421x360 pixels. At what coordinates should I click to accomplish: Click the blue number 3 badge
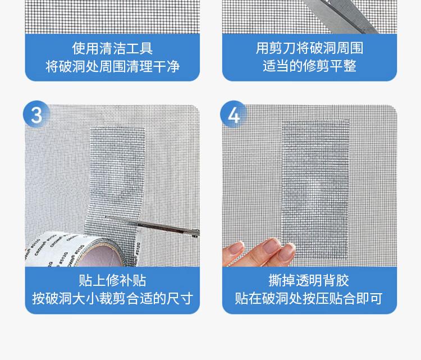click(x=36, y=114)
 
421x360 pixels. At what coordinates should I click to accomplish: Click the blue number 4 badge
click(x=234, y=114)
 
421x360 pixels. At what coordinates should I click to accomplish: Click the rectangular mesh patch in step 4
click(x=315, y=188)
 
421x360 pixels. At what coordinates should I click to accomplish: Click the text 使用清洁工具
click(x=112, y=48)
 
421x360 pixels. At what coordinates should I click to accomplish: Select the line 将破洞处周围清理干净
click(x=112, y=66)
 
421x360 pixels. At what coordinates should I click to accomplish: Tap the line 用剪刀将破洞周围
click(x=309, y=48)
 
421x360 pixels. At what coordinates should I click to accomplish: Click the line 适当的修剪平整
click(x=309, y=66)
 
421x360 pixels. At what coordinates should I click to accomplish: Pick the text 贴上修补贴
click(x=112, y=280)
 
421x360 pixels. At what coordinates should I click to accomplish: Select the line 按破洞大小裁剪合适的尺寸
click(x=112, y=298)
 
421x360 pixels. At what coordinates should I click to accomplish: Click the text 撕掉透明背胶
click(x=309, y=280)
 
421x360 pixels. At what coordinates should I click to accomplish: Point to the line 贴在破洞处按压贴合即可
click(x=309, y=298)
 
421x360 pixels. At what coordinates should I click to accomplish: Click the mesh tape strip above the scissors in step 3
click(x=117, y=172)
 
